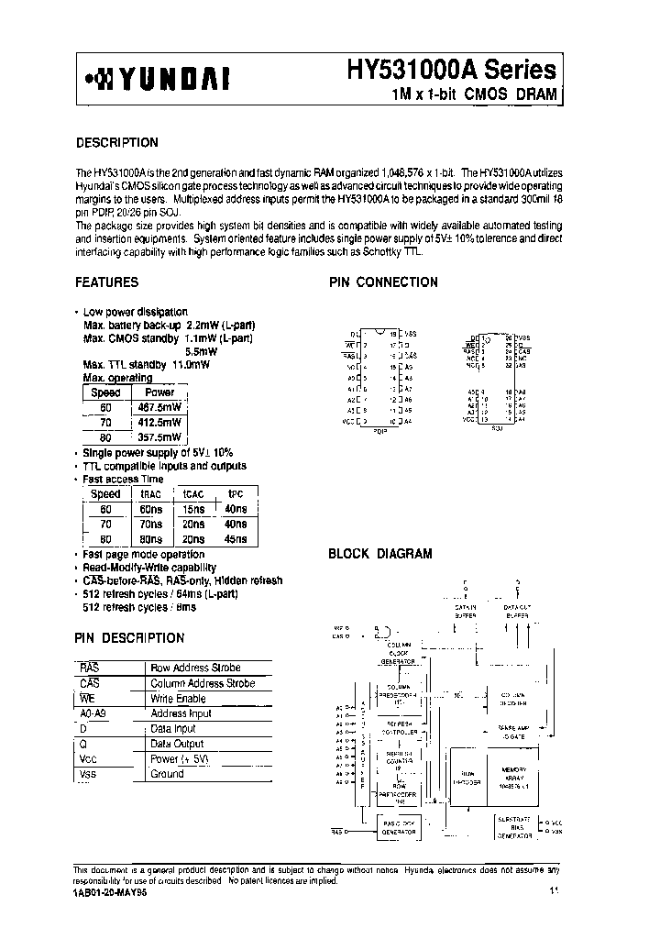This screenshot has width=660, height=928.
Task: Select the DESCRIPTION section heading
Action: coord(116,143)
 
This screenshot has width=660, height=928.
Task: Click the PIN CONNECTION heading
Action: coord(383,282)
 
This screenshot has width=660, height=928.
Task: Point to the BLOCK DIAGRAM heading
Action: coord(379,554)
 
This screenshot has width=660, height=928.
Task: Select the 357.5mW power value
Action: coord(160,437)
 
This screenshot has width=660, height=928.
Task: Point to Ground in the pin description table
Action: coord(168,774)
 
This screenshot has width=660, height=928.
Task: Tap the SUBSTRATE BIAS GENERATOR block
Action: coord(514,824)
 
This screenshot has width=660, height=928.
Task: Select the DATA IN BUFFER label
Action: coord(467,611)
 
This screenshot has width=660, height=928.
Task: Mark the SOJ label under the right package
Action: coord(498,428)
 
